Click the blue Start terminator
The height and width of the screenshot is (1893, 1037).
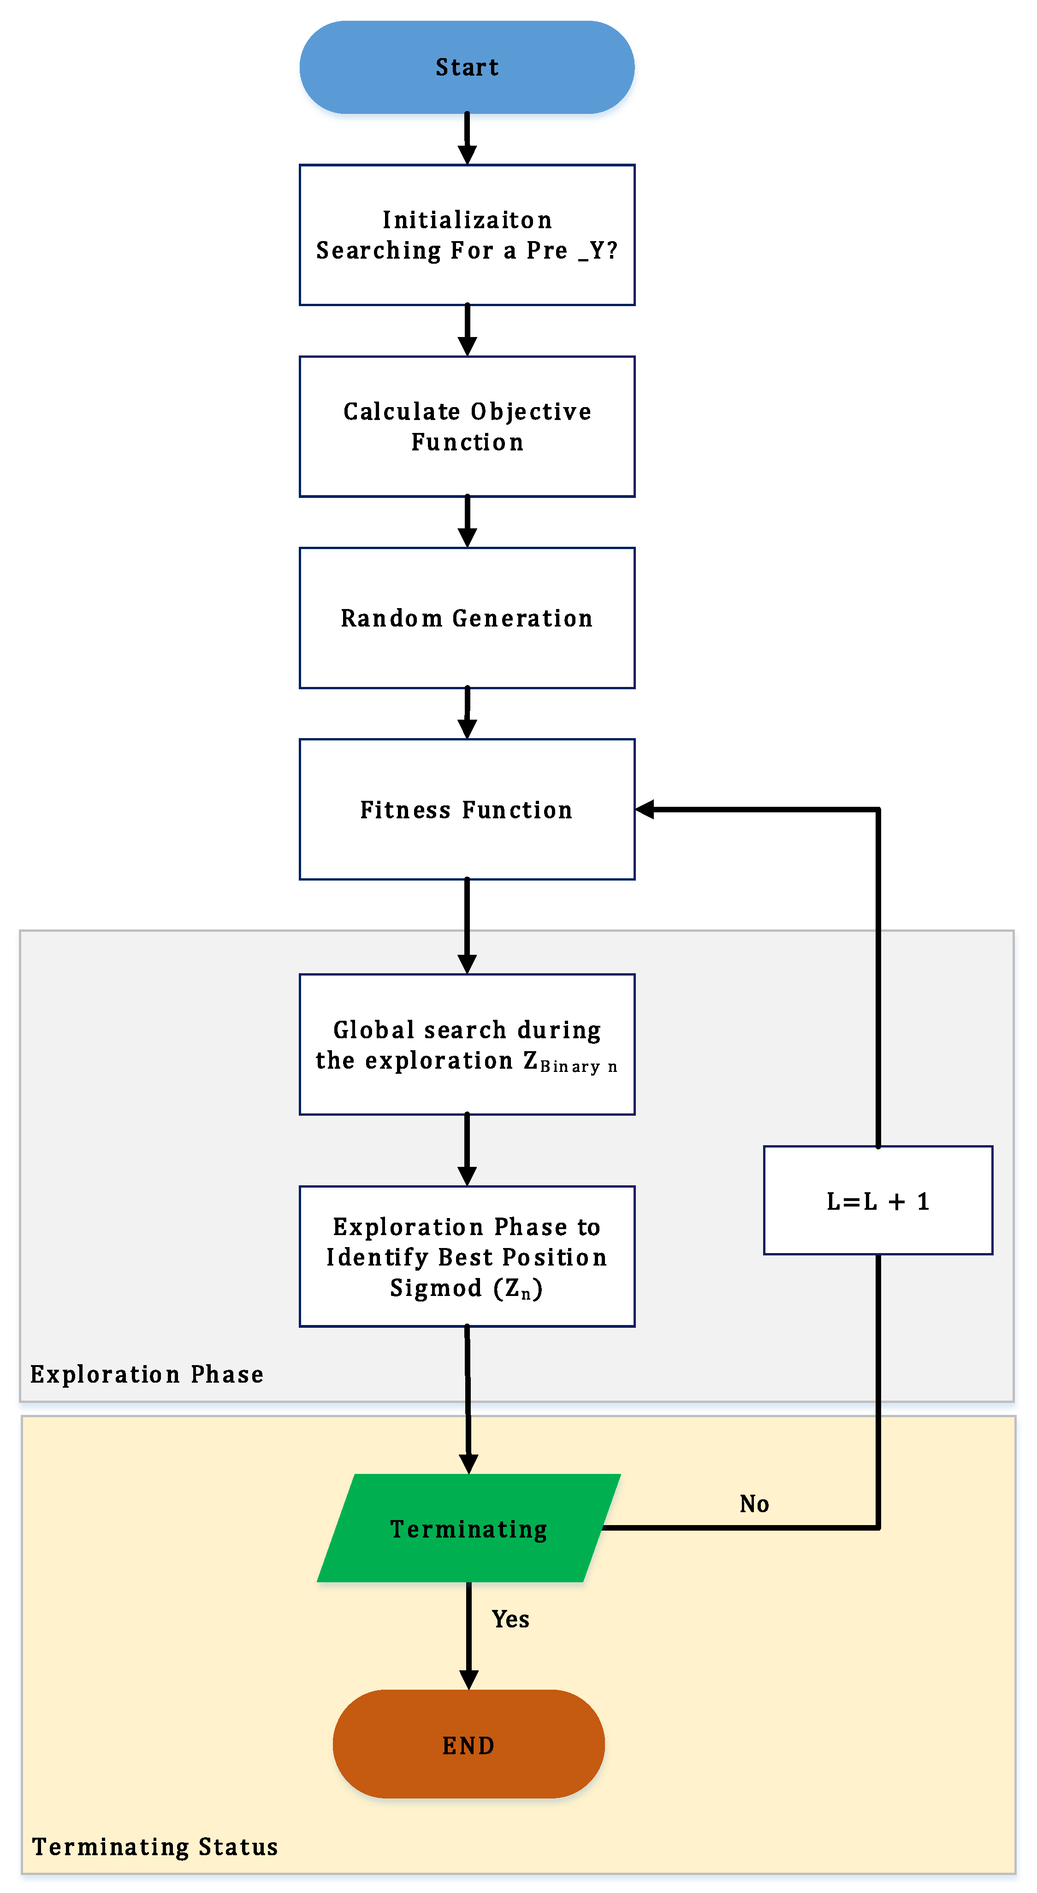pyautogui.click(x=467, y=67)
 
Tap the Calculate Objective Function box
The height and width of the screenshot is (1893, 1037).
pyautogui.click(x=467, y=426)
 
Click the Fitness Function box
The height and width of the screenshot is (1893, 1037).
pyautogui.click(x=467, y=809)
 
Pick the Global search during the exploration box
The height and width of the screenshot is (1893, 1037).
pyautogui.click(x=467, y=1044)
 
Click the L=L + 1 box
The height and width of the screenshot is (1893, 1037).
pyautogui.click(x=877, y=1200)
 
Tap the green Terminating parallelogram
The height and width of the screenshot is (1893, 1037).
pyautogui.click(x=468, y=1528)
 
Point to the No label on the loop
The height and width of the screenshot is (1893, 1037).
pyautogui.click(x=754, y=1503)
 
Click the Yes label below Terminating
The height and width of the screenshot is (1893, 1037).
pyautogui.click(x=510, y=1619)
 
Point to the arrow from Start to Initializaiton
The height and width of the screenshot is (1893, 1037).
pyautogui.click(x=467, y=139)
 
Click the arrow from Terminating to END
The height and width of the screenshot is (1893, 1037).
pyautogui.click(x=468, y=1635)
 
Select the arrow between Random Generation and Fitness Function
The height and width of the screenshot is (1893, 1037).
pyautogui.click(x=467, y=713)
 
